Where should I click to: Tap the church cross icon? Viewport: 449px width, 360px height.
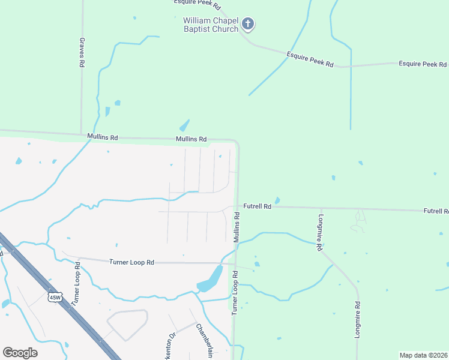click(x=248, y=25)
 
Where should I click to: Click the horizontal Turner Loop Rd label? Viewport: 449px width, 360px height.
click(x=132, y=262)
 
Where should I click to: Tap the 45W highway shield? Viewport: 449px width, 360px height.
click(x=55, y=298)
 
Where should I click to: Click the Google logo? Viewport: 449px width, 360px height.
click(x=20, y=353)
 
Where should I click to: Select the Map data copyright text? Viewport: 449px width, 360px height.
click(x=424, y=355)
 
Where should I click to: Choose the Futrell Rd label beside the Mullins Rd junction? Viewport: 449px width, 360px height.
click(x=258, y=206)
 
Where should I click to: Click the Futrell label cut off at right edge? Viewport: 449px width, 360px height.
click(x=436, y=211)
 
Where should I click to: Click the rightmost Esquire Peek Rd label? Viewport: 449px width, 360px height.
click(x=423, y=64)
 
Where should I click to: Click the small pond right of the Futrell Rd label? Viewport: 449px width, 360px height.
click(x=277, y=200)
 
